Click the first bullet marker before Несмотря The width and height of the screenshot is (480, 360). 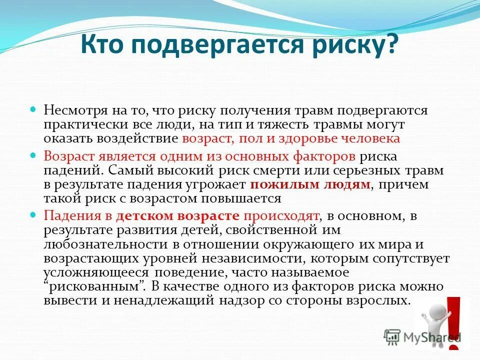34,109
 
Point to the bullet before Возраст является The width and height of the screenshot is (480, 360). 34,155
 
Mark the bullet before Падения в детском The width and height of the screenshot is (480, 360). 34,215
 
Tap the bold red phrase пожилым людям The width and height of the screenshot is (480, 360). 310,184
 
